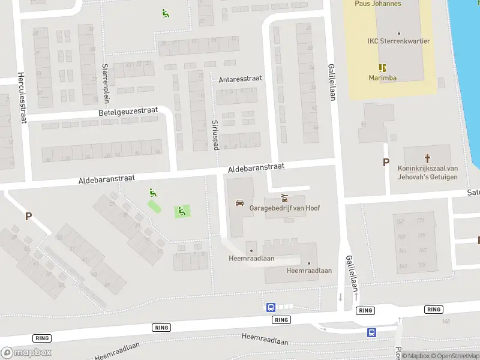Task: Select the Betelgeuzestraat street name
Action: (128, 112)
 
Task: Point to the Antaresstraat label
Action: (240, 79)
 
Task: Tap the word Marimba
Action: (382, 77)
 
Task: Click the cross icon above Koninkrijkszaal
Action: (428, 158)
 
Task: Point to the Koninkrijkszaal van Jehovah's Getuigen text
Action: (428, 173)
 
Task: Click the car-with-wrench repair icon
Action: (284, 197)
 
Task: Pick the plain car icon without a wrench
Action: (240, 203)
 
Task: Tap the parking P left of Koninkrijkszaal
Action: (386, 162)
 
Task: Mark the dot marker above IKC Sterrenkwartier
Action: (398, 34)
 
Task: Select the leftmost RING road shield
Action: (41, 338)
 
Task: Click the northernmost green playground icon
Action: (165, 13)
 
